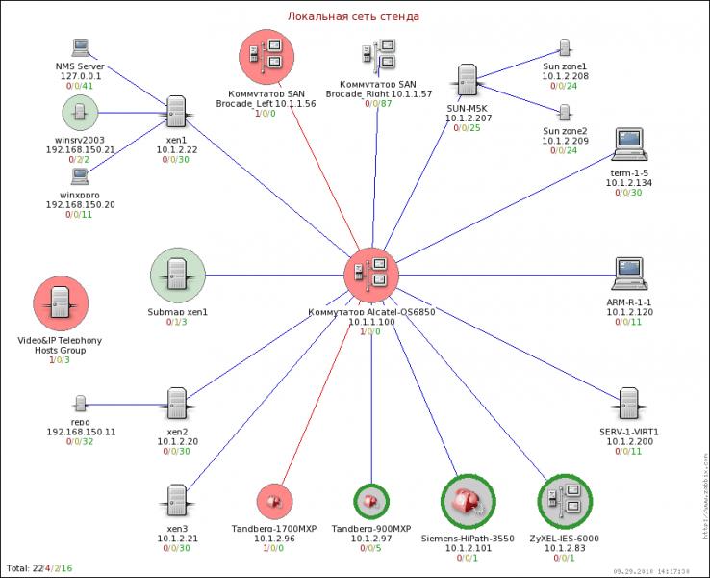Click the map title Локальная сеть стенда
[354, 16]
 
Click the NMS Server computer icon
[80, 48]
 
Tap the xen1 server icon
[175, 112]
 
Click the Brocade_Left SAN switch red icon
[266, 56]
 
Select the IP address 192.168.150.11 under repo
[81, 433]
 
